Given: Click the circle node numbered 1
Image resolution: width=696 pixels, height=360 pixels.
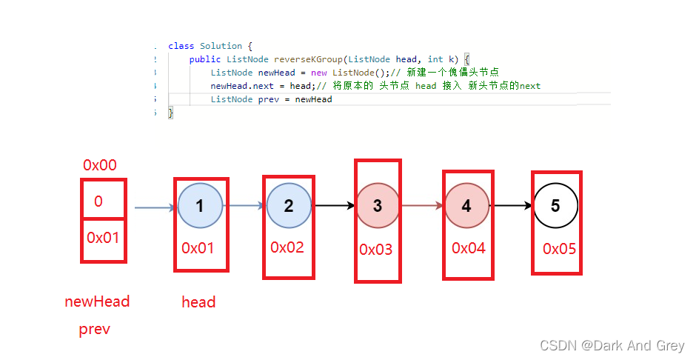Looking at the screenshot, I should (x=200, y=205).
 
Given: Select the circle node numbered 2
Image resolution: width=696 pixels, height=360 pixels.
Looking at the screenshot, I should (x=289, y=205).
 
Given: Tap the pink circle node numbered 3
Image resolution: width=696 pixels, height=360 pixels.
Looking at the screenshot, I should (x=378, y=205).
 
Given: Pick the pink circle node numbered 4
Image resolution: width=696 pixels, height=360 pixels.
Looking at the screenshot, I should (x=466, y=205).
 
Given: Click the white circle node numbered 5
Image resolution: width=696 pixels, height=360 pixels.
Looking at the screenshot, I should (x=555, y=205).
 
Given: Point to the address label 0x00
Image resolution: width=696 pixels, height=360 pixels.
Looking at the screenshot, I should (x=100, y=165).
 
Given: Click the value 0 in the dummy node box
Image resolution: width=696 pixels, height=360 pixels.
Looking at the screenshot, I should (x=98, y=201).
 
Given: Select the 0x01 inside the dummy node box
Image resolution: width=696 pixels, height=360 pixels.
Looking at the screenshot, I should (x=103, y=238).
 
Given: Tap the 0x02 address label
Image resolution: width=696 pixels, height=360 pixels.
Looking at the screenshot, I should (x=287, y=247).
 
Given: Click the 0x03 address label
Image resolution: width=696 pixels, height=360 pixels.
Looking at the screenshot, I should (x=376, y=250).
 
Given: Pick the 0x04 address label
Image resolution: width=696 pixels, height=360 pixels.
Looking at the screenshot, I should (x=469, y=248).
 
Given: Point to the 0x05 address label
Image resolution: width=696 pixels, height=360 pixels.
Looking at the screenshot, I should (x=559, y=250).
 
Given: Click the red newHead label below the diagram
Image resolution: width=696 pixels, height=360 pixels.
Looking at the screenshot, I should (x=97, y=301).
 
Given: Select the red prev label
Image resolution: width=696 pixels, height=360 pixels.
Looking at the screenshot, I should (x=95, y=330).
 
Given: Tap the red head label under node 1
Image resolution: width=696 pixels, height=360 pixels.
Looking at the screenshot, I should (x=198, y=302).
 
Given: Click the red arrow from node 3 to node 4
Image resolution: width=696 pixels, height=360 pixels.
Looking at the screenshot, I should (x=423, y=205).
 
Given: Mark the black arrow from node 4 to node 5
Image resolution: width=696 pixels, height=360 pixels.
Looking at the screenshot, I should (x=512, y=205).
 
